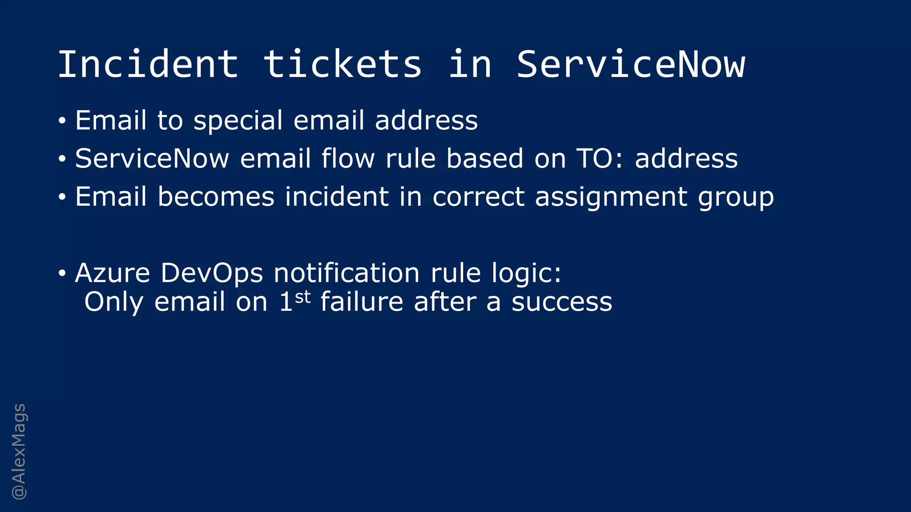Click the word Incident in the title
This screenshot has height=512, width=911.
pos(148,64)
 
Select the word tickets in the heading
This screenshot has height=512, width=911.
pos(342,64)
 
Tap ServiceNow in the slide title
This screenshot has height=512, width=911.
pos(630,64)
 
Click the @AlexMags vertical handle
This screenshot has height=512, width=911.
pos(19,452)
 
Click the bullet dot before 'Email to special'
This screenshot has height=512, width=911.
pos(62,120)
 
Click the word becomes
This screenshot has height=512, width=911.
pos(216,197)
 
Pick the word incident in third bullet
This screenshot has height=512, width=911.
pos(337,197)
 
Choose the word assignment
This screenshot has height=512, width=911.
pos(611,197)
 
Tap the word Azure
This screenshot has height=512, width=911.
pos(113,273)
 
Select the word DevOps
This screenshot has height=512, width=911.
pos(212,273)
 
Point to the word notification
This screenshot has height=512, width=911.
pos(347,273)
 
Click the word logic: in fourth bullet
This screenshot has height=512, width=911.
pos(526,274)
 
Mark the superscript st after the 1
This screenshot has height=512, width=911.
pos(302,297)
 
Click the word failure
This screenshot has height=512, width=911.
pos(362,302)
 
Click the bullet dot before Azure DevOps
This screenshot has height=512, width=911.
pos(62,272)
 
